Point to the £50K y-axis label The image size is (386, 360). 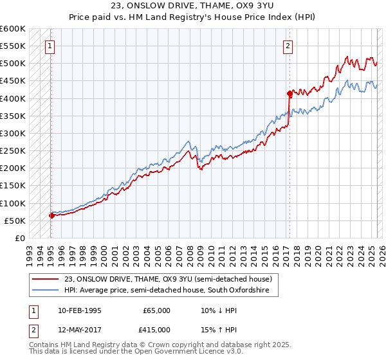pyautogui.click(x=14, y=221)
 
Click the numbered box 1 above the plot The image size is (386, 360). pyautogui.click(x=50, y=46)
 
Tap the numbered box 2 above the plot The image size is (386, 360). pyautogui.click(x=288, y=46)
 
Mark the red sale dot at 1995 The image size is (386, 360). pyautogui.click(x=51, y=215)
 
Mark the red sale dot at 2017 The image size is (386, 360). pyautogui.click(x=289, y=93)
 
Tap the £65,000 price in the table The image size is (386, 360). pyautogui.click(x=156, y=310)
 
